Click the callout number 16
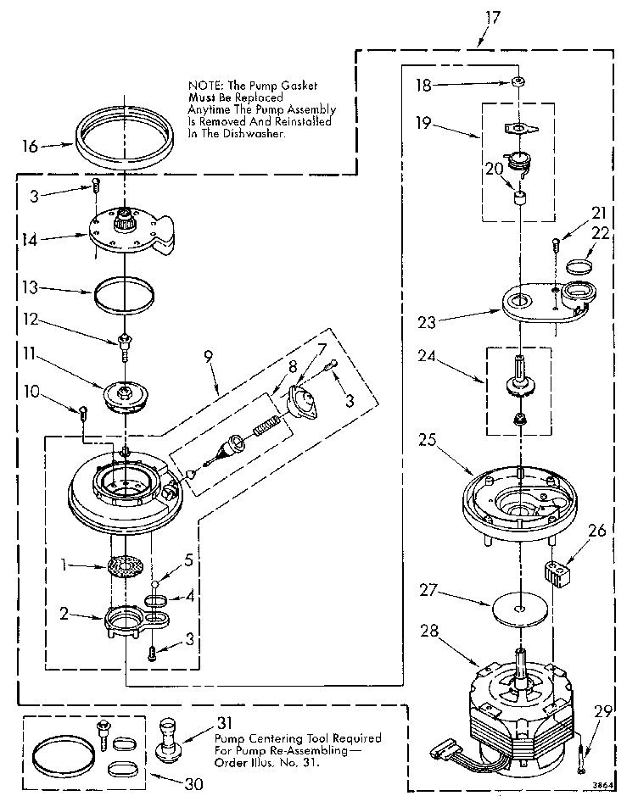click(28, 146)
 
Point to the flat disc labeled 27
click(517, 608)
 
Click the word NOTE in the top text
click(204, 86)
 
